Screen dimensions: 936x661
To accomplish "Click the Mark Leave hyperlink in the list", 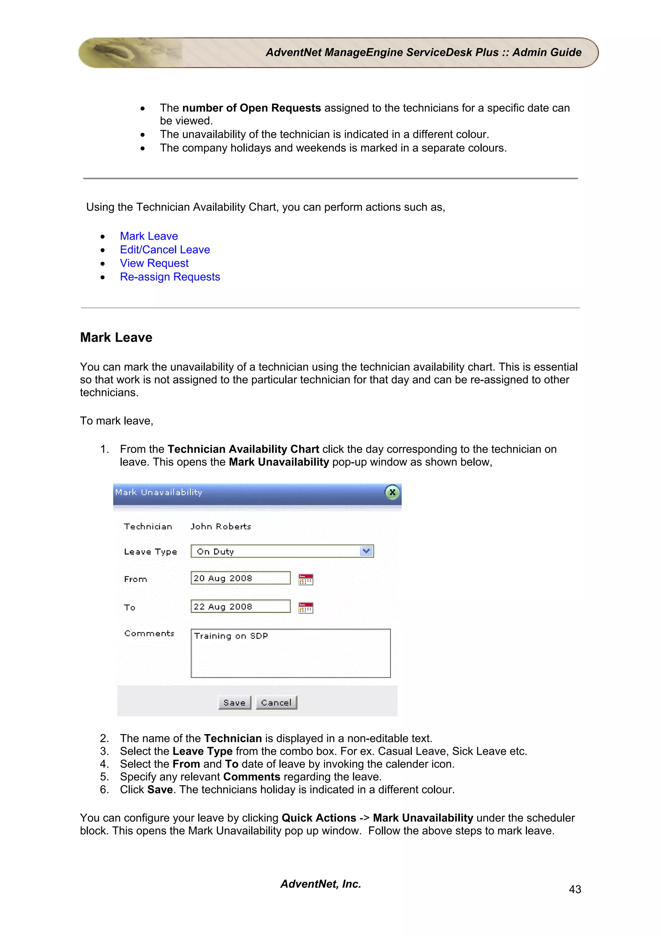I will coord(149,236).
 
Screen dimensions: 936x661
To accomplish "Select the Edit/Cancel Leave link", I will coord(165,249).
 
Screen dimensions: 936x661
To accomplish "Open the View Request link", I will coord(154,263).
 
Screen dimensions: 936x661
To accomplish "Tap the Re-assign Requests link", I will coord(170,277).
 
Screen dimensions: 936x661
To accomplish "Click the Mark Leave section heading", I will coord(116,338).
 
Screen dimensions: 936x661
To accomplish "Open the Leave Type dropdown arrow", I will coord(366,551).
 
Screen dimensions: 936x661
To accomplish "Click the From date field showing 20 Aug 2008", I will coord(240,578).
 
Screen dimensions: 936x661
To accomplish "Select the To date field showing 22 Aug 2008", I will coord(240,607).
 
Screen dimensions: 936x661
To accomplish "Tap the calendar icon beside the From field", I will coord(305,579).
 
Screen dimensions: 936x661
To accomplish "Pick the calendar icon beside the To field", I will coord(305,608).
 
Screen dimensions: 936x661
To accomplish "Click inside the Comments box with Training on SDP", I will coord(290,653).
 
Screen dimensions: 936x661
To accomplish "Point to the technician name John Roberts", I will coord(221,527).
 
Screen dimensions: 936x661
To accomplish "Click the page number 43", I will coord(575,889).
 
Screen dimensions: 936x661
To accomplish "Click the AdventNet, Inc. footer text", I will coord(320,884).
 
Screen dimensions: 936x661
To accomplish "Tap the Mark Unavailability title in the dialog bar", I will coord(158,493).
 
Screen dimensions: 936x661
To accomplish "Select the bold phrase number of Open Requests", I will coord(251,108).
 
